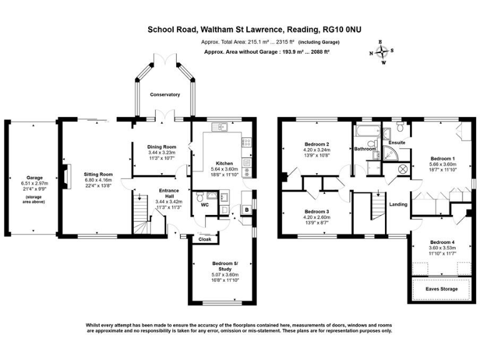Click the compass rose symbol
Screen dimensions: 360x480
(383, 52)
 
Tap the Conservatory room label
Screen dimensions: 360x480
(164, 95)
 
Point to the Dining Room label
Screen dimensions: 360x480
(161, 147)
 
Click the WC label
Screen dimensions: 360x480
(203, 204)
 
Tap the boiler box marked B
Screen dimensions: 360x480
(246, 210)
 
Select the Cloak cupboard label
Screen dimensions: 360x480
(205, 239)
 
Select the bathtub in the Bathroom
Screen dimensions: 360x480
(365, 132)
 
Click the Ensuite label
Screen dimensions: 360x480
(397, 142)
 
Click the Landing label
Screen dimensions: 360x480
(399, 204)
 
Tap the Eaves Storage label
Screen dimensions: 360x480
(441, 289)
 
